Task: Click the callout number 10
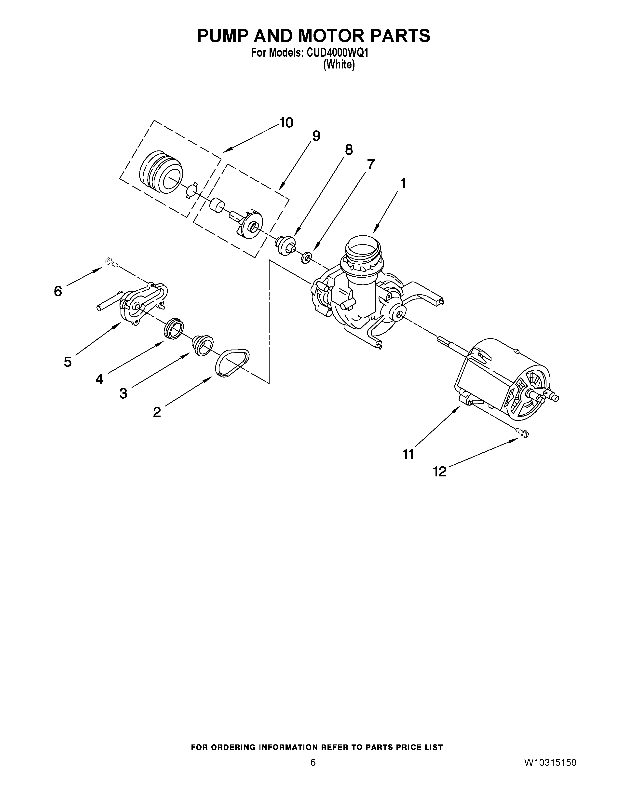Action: pyautogui.click(x=286, y=123)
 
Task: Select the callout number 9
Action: pyautogui.click(x=316, y=136)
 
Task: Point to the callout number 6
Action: pyautogui.click(x=58, y=291)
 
